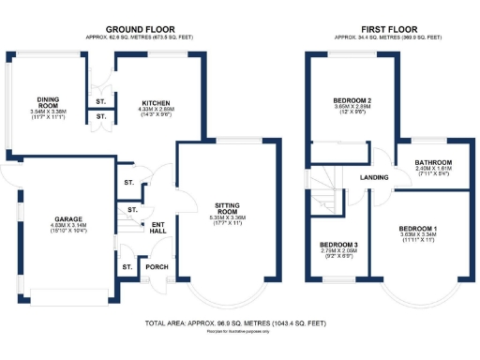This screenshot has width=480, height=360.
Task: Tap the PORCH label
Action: click(x=157, y=266)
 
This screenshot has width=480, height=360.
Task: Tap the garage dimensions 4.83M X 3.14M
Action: click(x=66, y=226)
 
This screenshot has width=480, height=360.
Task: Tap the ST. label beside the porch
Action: click(x=127, y=266)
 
